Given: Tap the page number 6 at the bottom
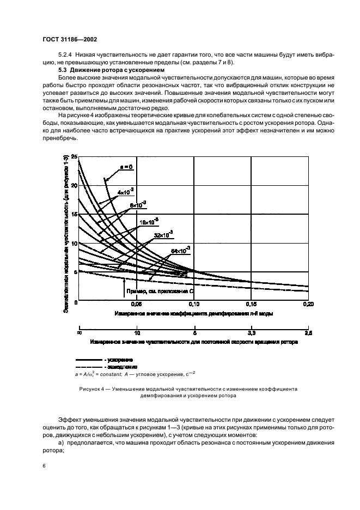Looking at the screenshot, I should [x=44, y=466].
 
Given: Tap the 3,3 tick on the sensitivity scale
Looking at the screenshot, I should [x=251, y=332].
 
